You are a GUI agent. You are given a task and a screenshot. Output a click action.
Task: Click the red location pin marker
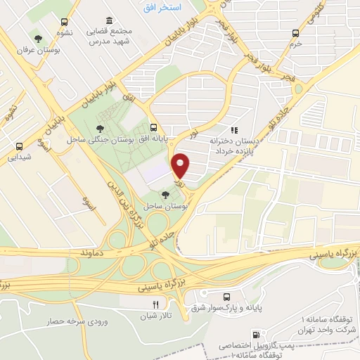(x=181, y=166)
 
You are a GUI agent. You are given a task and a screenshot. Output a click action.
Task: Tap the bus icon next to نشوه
(x=65, y=22)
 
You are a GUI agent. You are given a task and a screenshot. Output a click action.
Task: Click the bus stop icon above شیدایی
(x=20, y=146)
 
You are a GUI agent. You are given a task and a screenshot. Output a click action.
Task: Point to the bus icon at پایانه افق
(x=153, y=127)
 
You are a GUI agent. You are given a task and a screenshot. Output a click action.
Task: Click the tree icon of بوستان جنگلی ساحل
(x=102, y=128)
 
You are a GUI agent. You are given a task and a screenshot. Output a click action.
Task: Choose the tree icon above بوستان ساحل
(x=165, y=194)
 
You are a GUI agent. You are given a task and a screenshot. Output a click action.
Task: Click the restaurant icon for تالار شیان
(x=155, y=305)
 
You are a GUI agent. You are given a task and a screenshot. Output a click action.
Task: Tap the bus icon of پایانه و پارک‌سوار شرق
(x=226, y=297)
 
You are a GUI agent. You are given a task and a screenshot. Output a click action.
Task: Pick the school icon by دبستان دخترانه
(x=235, y=130)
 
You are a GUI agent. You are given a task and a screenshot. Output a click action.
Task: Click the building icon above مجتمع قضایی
(x=108, y=21)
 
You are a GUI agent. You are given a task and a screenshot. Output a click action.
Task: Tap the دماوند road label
(x=92, y=251)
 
